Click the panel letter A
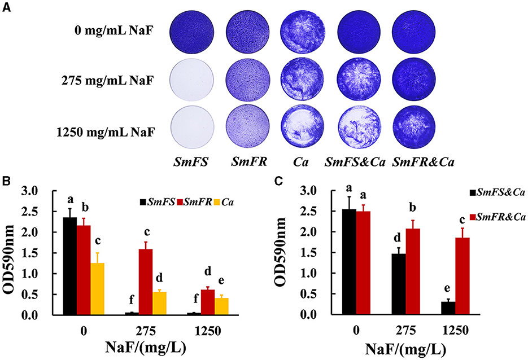point(7,7)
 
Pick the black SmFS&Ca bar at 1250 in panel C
point(448,308)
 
